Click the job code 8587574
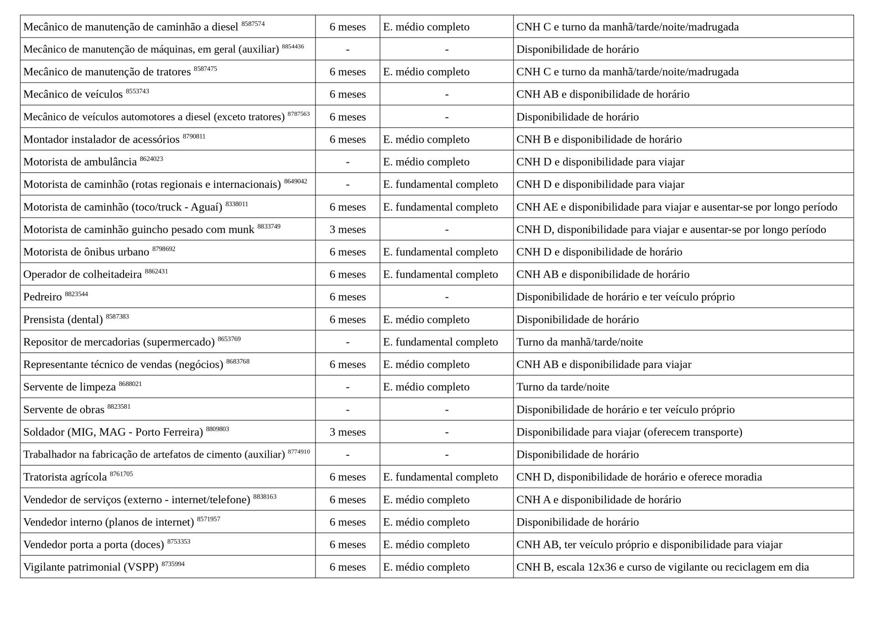pyautogui.click(x=253, y=24)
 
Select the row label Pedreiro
pyautogui.click(x=42, y=297)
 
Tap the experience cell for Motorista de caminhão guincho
pyautogui.click(x=348, y=229)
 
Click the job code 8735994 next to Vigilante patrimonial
pyautogui.click(x=173, y=564)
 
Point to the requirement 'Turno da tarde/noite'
pyautogui.click(x=563, y=387)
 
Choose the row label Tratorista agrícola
pyautogui.click(x=65, y=477)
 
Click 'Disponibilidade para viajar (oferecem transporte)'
pyautogui.click(x=629, y=432)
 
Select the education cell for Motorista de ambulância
pyautogui.click(x=426, y=162)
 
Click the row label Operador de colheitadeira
pyautogui.click(x=83, y=275)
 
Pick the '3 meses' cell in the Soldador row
pyautogui.click(x=348, y=432)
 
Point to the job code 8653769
pyautogui.click(x=229, y=339)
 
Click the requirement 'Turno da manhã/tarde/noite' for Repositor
pyautogui.click(x=579, y=342)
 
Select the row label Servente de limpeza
pyautogui.click(x=69, y=387)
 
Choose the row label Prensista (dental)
pyautogui.click(x=63, y=320)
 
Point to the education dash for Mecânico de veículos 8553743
pyautogui.click(x=446, y=94)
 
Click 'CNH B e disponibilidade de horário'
pyautogui.click(x=599, y=140)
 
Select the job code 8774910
pyautogui.click(x=299, y=452)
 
